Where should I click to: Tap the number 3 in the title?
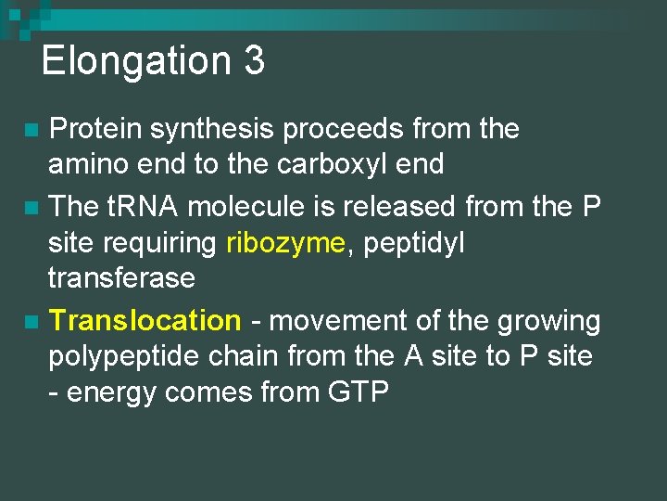click(x=255, y=61)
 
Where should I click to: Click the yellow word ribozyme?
click(x=284, y=243)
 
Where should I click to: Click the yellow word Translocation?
click(x=145, y=321)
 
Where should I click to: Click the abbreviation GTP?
click(x=359, y=392)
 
